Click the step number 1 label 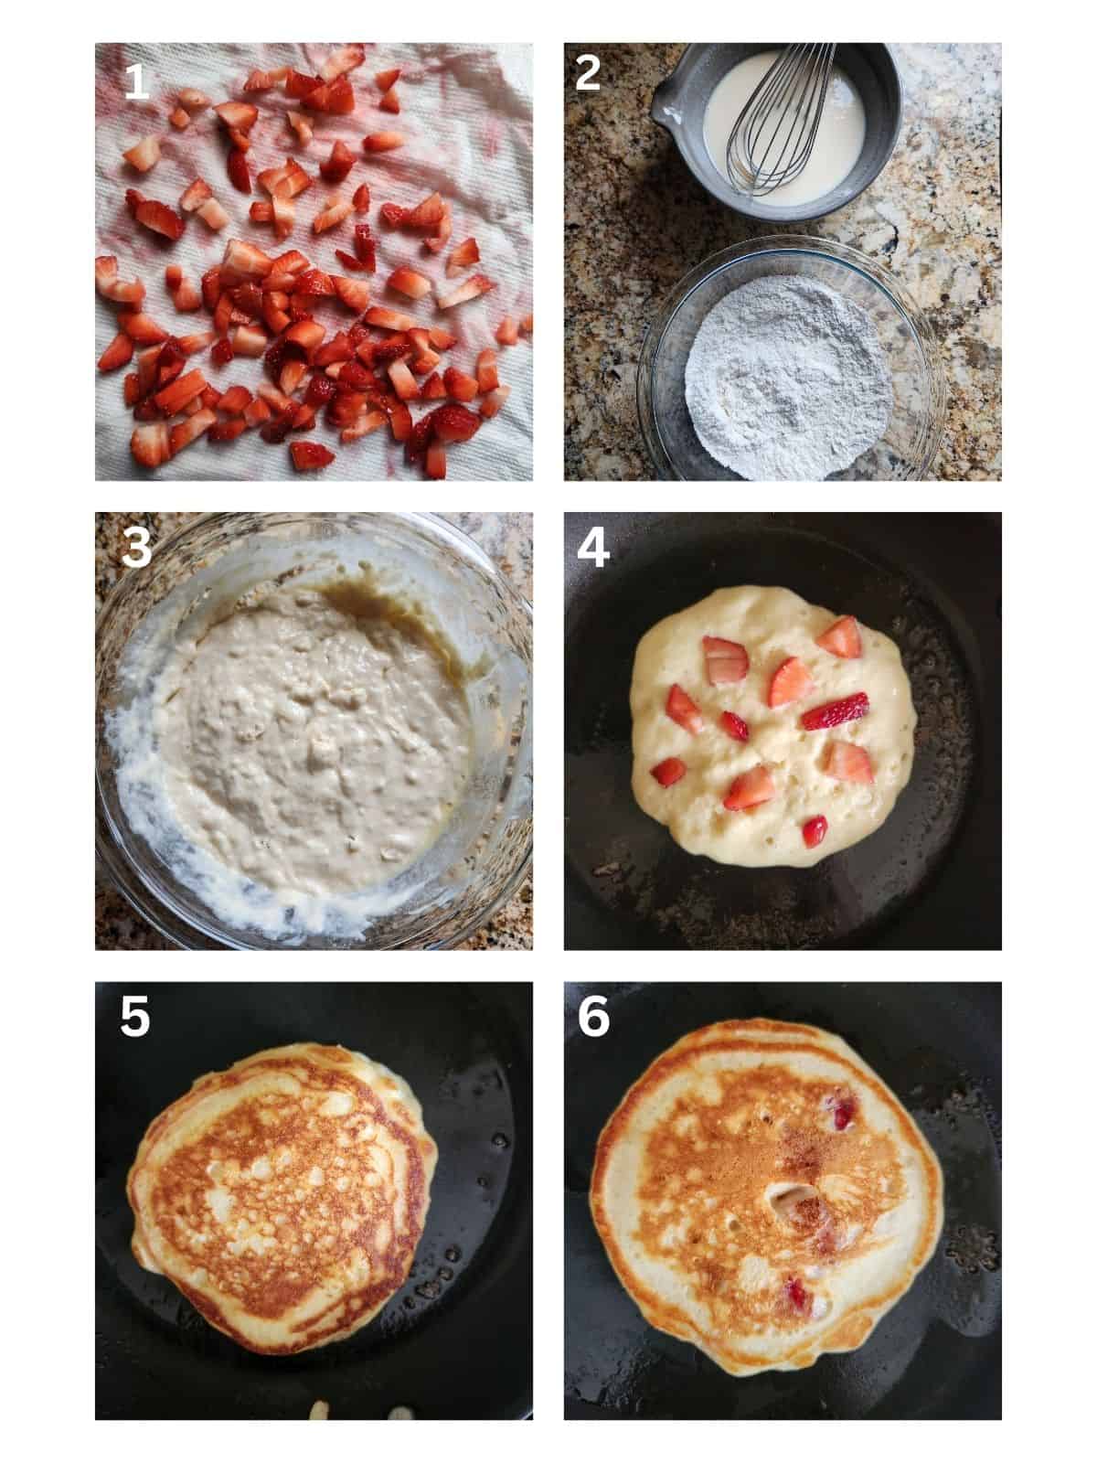(x=135, y=82)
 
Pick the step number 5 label (x=134, y=1018)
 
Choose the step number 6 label (x=593, y=1018)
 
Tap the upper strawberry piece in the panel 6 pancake (x=841, y=1114)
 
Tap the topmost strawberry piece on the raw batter (x=839, y=636)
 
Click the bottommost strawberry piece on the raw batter (x=814, y=830)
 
